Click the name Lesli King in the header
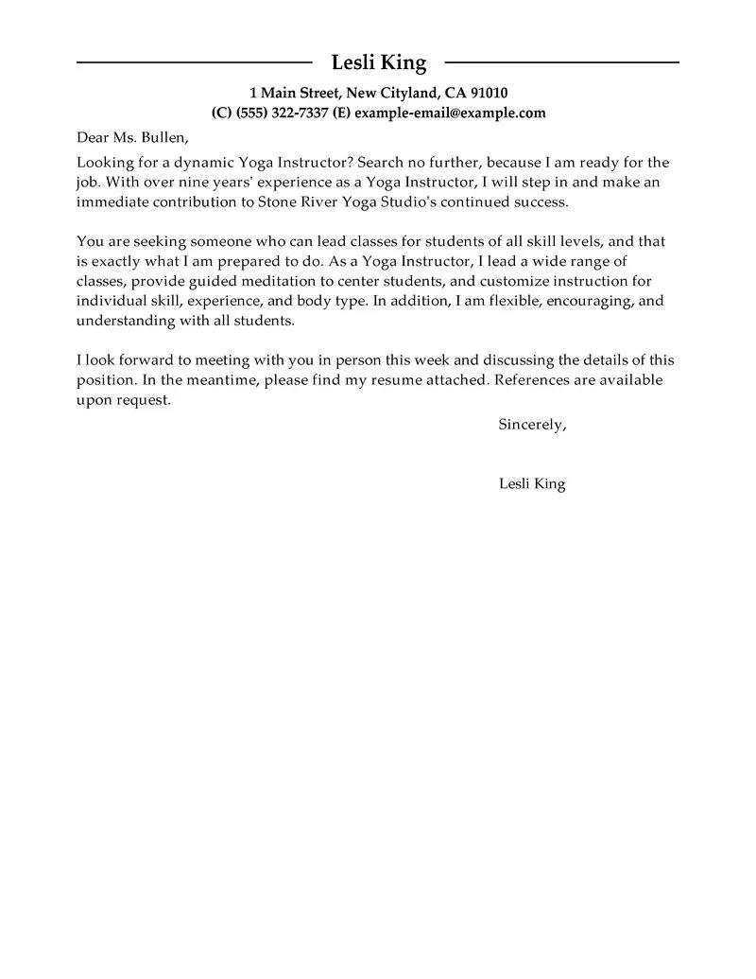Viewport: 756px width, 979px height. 378,63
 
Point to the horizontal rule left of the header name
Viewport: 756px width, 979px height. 194,62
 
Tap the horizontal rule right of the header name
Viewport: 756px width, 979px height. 561,62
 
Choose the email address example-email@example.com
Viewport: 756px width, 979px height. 450,113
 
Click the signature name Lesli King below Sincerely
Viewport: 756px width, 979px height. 531,484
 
